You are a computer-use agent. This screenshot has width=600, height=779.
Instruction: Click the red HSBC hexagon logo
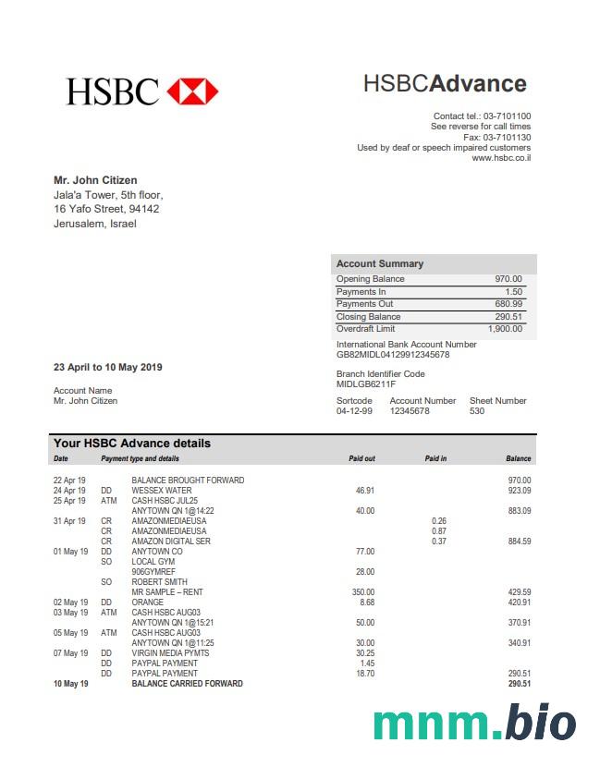(x=192, y=91)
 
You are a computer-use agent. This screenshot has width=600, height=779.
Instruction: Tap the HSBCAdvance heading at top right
(x=444, y=84)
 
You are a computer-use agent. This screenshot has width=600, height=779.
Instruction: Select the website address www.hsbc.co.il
(x=501, y=158)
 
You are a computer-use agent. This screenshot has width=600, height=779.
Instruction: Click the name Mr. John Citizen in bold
(x=95, y=180)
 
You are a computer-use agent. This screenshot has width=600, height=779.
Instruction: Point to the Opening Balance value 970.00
(x=508, y=279)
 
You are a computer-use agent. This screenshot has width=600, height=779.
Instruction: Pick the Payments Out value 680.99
(x=508, y=304)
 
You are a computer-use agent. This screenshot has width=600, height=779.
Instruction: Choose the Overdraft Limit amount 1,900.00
(x=505, y=329)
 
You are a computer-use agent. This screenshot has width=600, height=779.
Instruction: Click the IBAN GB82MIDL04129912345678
(x=393, y=355)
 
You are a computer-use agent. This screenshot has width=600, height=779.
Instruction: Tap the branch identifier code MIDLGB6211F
(x=366, y=384)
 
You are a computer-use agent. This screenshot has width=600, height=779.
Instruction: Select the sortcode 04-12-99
(x=354, y=411)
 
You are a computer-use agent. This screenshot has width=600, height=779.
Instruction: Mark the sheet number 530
(x=477, y=411)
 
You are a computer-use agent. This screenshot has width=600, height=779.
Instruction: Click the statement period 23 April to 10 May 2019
(x=108, y=368)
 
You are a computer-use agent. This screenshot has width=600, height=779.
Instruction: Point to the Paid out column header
(x=361, y=458)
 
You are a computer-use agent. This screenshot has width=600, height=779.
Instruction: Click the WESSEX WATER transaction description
(x=162, y=491)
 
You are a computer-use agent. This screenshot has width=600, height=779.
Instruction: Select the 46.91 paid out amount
(x=364, y=491)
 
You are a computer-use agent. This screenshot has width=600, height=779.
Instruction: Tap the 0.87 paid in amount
(x=438, y=531)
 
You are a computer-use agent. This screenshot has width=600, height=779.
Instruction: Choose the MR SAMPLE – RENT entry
(x=167, y=592)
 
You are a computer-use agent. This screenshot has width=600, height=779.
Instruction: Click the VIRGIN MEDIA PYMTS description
(x=170, y=653)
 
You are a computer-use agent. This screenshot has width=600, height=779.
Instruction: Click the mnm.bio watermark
(x=474, y=724)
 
